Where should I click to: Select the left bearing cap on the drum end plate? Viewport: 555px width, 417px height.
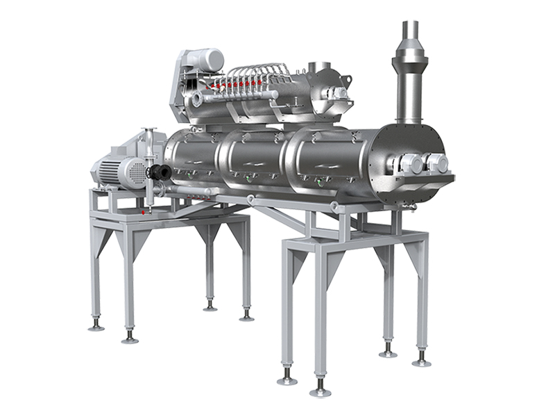click(407, 163)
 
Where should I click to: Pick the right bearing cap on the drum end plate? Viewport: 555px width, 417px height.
click(436, 163)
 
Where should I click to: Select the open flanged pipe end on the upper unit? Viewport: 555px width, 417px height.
click(196, 100)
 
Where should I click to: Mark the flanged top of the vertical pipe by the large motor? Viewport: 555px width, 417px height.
click(146, 133)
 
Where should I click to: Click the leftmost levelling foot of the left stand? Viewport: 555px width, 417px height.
click(96, 325)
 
